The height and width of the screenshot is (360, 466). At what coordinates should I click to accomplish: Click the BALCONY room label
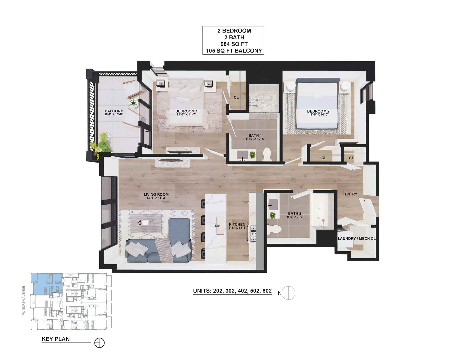(114, 111)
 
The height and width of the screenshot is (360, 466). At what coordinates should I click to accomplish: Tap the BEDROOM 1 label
(186, 111)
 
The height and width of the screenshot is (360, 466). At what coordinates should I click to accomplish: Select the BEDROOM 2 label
(318, 111)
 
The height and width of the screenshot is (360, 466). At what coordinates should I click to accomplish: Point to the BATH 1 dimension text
(255, 139)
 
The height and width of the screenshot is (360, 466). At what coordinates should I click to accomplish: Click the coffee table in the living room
(146, 222)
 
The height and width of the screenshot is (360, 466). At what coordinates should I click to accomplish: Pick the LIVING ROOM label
(156, 194)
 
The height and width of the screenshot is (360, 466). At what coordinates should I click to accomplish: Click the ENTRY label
(351, 194)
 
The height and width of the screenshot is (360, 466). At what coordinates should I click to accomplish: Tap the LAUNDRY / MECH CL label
(357, 238)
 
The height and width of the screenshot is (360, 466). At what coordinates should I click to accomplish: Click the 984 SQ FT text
(234, 44)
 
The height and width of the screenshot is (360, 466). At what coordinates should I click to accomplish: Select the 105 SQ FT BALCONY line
(234, 51)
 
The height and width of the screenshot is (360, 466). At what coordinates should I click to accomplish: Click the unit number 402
(242, 291)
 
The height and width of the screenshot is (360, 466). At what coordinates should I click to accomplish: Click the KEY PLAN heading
(56, 339)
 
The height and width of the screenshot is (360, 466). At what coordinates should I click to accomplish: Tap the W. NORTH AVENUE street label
(24, 300)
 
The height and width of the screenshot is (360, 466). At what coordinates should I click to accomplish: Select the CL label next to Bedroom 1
(236, 97)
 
